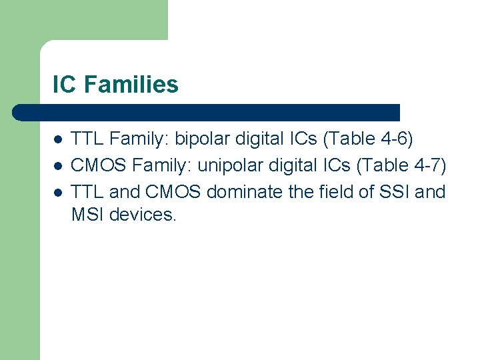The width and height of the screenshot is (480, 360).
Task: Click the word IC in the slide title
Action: point(63,85)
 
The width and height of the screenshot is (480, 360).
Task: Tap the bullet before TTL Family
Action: point(58,140)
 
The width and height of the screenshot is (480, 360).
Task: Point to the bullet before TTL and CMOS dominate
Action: point(58,193)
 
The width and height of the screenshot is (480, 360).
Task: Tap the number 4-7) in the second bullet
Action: point(427,165)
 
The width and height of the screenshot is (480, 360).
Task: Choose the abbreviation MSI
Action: point(87,215)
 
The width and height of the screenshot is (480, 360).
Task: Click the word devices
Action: point(143,215)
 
